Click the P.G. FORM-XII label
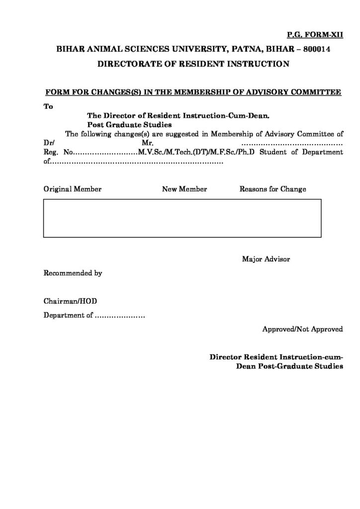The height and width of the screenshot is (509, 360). coord(315,35)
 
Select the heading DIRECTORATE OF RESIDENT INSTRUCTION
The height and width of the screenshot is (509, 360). coord(193,64)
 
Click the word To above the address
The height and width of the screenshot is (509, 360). coord(48,106)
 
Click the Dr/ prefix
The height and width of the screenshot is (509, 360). coord(49,143)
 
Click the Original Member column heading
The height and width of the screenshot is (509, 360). coord(73,189)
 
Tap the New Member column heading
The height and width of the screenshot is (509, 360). coord(184,189)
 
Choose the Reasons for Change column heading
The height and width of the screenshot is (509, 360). coord(272,189)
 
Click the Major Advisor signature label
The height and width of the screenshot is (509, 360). coord(266,259)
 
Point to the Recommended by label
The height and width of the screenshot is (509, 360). coord(73,273)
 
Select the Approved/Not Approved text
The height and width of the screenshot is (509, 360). coord(302,329)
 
